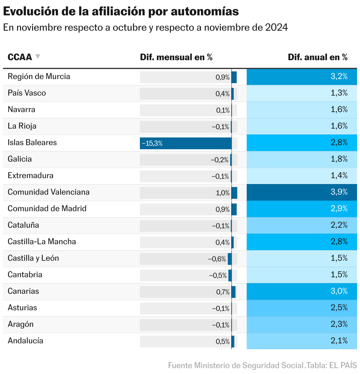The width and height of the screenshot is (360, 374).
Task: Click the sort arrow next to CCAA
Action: [37, 56]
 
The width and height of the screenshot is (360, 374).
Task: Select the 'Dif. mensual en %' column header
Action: [176, 57]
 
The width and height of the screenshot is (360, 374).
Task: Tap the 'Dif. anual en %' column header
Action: [318, 57]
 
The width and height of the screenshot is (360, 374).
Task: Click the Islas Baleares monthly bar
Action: [186, 143]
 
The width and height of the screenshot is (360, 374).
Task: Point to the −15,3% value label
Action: [152, 144]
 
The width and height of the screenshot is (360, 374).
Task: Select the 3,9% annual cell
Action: [302, 192]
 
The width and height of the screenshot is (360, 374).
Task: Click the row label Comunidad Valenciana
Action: [48, 192]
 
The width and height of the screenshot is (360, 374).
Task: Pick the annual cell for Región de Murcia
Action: [302, 77]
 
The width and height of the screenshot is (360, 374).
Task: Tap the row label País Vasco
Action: [27, 93]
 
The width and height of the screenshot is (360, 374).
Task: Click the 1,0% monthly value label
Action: [223, 193]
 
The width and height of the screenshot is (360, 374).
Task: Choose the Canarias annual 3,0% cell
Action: [302, 291]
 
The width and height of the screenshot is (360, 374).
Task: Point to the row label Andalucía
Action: [25, 341]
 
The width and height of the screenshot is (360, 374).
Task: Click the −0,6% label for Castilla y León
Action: [217, 259]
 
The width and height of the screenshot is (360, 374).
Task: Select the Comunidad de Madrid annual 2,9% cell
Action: [302, 209]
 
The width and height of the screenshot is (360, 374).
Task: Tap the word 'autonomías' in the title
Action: [205, 11]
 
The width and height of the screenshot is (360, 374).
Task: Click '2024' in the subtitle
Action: [276, 27]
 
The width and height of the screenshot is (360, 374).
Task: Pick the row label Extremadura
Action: [30, 176]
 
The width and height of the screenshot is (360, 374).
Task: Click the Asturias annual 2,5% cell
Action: [302, 308]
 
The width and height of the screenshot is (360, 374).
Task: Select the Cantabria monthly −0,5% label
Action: [218, 275]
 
